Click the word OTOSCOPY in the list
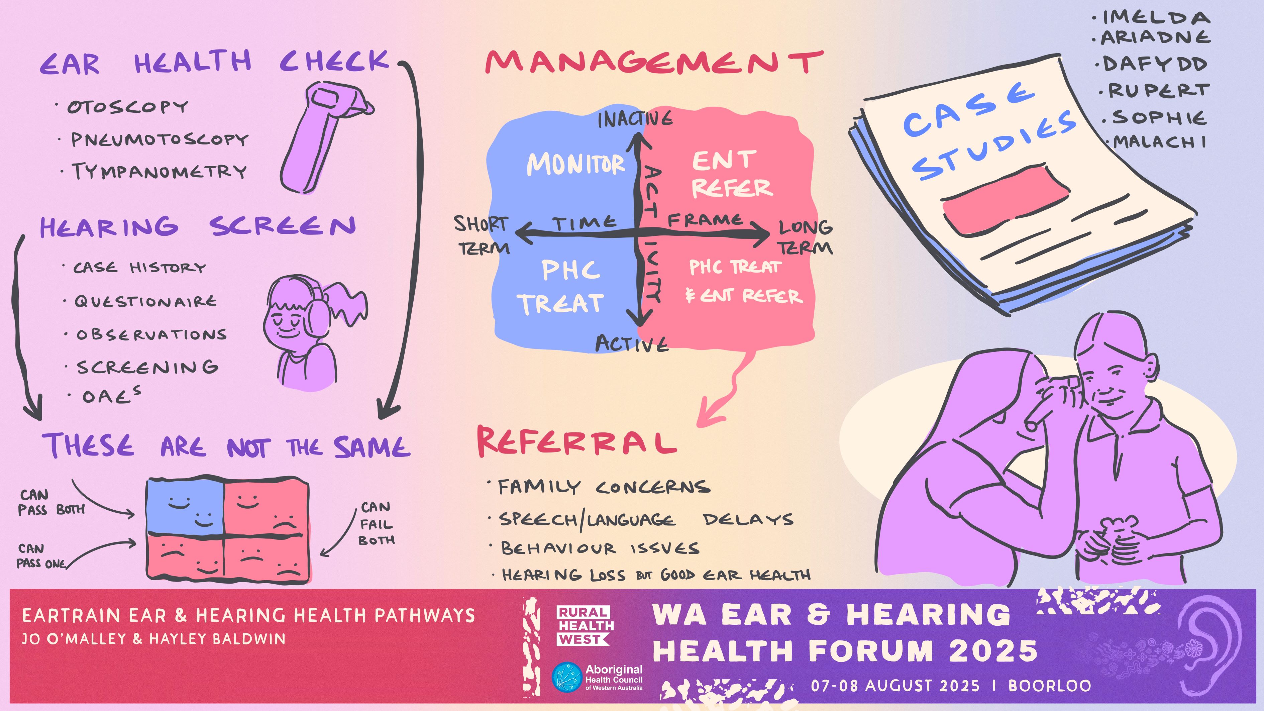[x=128, y=106]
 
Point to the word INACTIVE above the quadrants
[x=635, y=119]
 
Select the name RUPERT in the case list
[x=1159, y=91]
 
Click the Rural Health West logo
[x=585, y=626]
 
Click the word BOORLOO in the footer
[x=1050, y=686]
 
